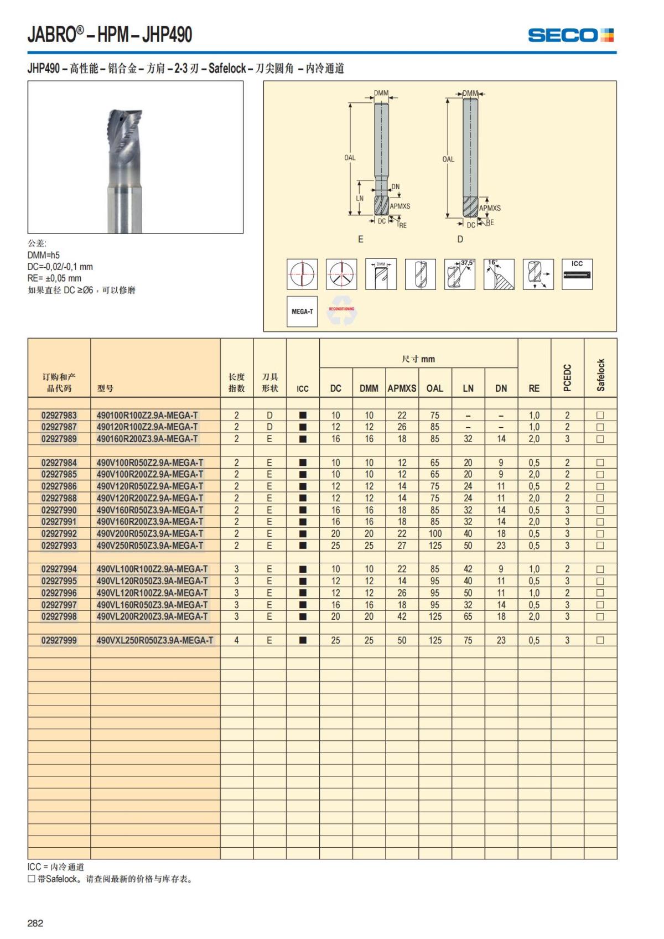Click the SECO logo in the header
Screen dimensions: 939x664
[x=570, y=35]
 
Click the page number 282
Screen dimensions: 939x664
[x=35, y=922]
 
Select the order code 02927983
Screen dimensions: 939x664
[x=59, y=415]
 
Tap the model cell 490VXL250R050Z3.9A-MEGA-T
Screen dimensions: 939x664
[x=154, y=640]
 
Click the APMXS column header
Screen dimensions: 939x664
[x=402, y=388]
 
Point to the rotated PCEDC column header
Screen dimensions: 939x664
[x=567, y=378]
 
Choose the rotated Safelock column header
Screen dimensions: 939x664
[x=600, y=375]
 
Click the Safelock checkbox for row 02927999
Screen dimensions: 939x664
[x=600, y=640]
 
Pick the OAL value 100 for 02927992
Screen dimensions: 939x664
[x=435, y=533]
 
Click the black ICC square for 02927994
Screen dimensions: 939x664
[x=303, y=569]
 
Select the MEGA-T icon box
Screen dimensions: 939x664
[x=302, y=312]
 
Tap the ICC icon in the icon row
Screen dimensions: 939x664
[x=577, y=274]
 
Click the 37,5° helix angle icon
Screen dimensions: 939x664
[x=459, y=274]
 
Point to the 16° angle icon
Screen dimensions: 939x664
[x=499, y=274]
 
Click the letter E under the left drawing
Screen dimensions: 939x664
[x=361, y=240]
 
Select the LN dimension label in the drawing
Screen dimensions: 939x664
[x=360, y=198]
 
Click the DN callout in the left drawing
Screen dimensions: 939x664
[x=396, y=187]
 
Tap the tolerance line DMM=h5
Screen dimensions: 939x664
[x=44, y=255]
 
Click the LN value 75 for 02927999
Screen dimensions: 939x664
[x=468, y=640]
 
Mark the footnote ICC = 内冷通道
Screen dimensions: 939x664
[x=56, y=867]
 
